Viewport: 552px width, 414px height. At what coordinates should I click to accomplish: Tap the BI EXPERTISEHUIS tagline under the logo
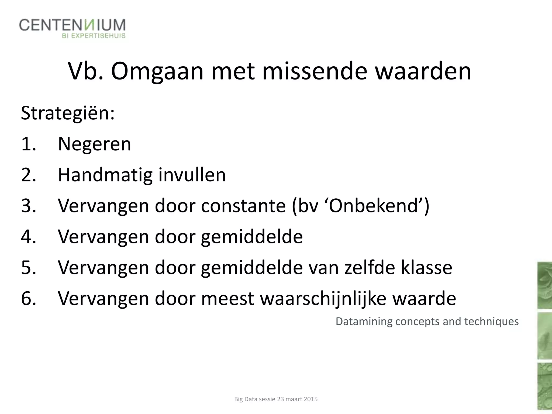pos(94,36)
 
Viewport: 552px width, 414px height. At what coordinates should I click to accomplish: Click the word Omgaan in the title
pos(157,71)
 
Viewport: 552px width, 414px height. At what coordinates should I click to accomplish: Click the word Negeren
pos(94,144)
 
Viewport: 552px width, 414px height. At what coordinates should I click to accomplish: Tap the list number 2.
pos(28,175)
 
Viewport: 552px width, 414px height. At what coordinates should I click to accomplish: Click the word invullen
pos(192,175)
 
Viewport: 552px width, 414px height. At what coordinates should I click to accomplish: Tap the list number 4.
pos(28,237)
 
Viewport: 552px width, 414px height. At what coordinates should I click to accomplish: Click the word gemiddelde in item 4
pos(252,237)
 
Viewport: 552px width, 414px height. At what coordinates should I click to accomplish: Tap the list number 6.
pos(28,299)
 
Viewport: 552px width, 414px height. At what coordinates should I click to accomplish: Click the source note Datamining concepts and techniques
pos(427,322)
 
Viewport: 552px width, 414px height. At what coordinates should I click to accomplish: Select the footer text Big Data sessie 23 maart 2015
pos(276,399)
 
